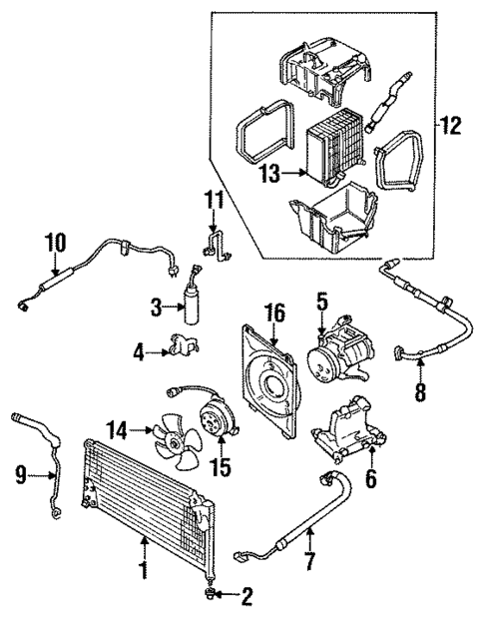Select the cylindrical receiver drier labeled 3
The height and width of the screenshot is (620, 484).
click(x=192, y=301)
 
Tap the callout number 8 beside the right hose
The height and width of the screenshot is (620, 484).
click(x=419, y=392)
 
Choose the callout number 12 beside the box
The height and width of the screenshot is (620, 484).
click(x=453, y=126)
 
